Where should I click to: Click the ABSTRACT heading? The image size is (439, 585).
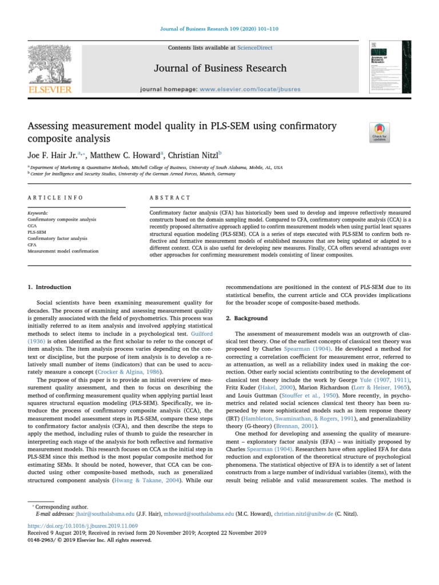coord(170,198)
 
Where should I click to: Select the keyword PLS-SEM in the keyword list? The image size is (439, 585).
coord(37,233)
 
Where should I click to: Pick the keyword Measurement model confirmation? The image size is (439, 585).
coord(63,251)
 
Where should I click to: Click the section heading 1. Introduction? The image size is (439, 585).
coord(50,287)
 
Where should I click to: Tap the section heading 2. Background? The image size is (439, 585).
coord(246,318)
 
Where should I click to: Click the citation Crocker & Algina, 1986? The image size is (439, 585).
coord(121,371)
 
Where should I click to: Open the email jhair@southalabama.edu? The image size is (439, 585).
coord(86,514)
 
